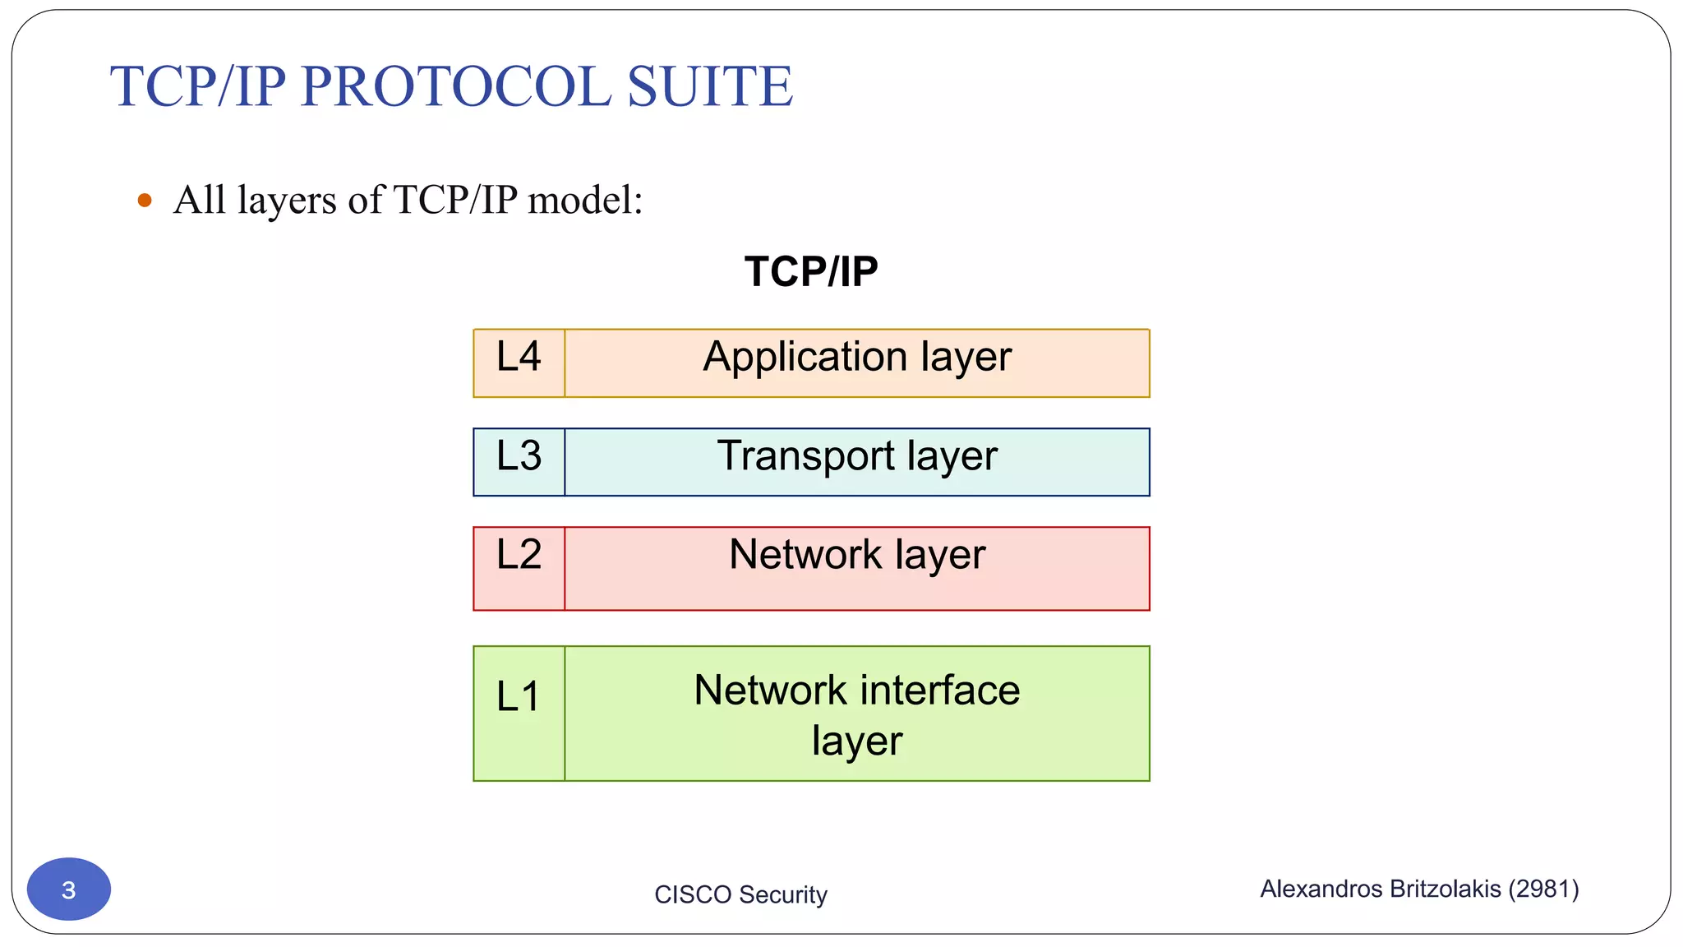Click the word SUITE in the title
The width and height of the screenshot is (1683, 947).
(x=710, y=86)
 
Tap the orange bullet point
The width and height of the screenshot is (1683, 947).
(x=145, y=200)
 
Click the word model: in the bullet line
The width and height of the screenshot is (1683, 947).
(x=585, y=200)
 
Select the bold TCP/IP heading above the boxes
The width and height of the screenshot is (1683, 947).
(x=810, y=271)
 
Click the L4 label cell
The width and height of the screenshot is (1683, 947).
(x=519, y=363)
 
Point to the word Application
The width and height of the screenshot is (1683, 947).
(x=805, y=358)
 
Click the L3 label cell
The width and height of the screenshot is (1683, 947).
(x=519, y=461)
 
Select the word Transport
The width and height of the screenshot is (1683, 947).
(x=805, y=456)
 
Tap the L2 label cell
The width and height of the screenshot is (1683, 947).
(x=519, y=567)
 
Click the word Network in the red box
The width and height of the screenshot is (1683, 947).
(x=805, y=554)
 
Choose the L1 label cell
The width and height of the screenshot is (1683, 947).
(x=519, y=712)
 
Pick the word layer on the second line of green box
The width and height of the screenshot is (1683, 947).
(x=856, y=741)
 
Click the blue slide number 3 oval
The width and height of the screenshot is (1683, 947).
(x=69, y=889)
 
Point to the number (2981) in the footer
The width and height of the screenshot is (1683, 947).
(x=1543, y=889)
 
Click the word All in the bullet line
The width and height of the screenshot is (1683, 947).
(x=199, y=200)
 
